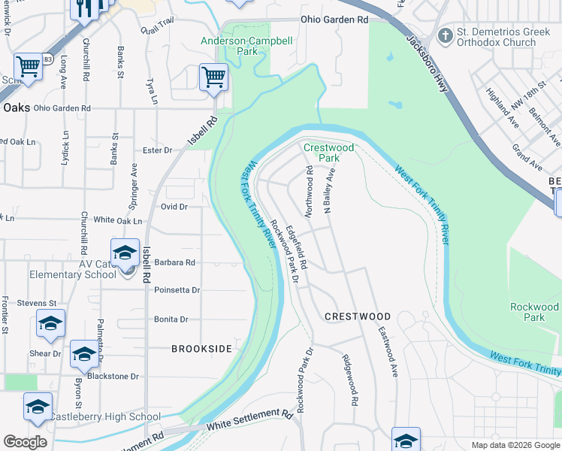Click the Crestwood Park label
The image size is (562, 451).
click(x=328, y=153)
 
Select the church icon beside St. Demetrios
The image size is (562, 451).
click(x=445, y=35)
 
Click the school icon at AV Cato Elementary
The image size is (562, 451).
click(x=125, y=252)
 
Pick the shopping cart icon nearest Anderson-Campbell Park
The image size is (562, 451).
click(x=213, y=77)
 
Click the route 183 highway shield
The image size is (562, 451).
click(x=48, y=59)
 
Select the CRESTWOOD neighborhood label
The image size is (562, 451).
click(x=358, y=316)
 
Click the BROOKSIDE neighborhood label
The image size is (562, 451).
click(x=201, y=349)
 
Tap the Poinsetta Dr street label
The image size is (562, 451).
click(x=177, y=289)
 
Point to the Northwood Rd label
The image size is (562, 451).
click(x=309, y=189)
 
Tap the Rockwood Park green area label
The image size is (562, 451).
click(x=533, y=312)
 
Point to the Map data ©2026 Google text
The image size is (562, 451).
click(x=515, y=445)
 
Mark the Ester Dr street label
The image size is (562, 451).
click(x=157, y=150)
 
